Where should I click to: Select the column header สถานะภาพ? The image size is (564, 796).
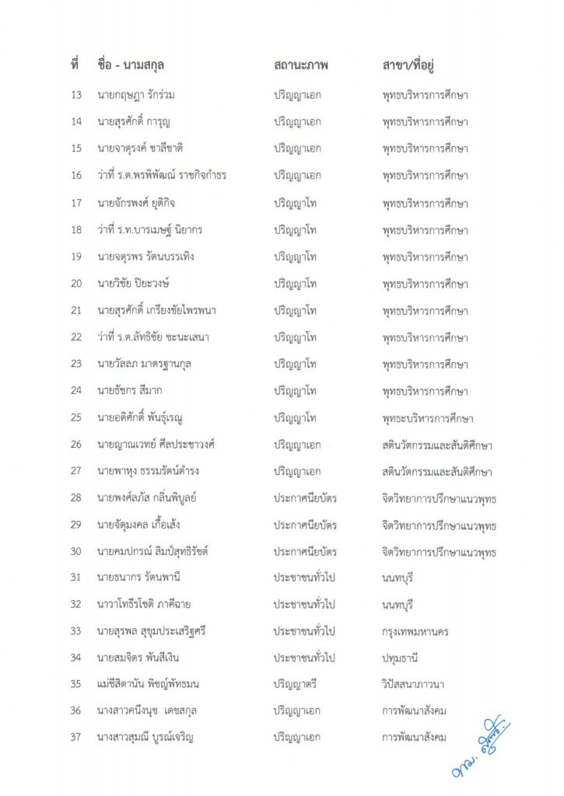tap(301, 65)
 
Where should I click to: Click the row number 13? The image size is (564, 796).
tap(76, 95)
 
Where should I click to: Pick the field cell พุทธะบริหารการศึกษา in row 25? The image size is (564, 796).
tap(428, 418)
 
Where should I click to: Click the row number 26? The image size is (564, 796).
tap(76, 445)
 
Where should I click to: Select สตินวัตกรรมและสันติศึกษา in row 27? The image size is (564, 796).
tap(437, 472)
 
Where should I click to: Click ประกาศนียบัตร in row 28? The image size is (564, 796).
tap(304, 498)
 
